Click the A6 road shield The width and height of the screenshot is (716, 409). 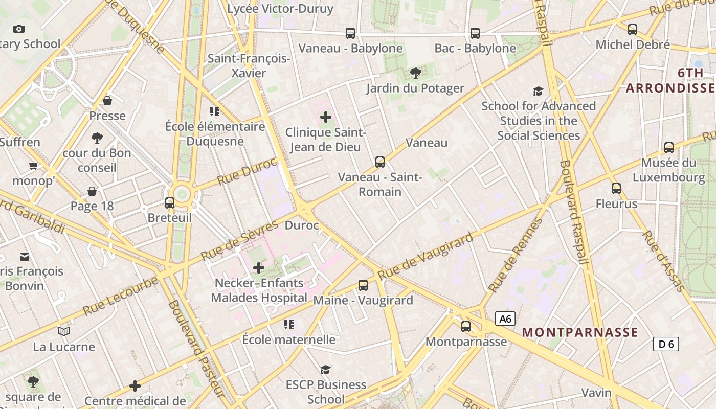505,319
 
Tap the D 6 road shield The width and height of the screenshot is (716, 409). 666,344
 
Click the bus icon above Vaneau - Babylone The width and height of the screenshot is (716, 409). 350,33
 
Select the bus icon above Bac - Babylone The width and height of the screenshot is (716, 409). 475,33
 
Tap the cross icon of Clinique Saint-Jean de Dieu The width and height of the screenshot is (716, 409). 326,118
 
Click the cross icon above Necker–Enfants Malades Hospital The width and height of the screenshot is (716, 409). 259,267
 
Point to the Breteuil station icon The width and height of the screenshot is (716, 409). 170,203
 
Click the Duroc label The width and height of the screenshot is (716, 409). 302,225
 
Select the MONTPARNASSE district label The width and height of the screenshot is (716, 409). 580,332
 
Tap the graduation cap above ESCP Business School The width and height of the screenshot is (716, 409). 325,370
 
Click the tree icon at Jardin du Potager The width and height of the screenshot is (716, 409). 416,73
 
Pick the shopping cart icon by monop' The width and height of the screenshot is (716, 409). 34,166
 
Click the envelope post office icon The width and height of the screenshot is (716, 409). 25,256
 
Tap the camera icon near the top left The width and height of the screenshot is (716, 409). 19,29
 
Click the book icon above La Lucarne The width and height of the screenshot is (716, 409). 64,332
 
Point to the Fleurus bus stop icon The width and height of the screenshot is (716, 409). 616,189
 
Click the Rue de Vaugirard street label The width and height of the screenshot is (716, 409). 426,257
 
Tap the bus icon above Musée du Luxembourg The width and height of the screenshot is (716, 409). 669,148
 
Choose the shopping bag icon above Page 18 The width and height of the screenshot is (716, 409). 92,191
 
